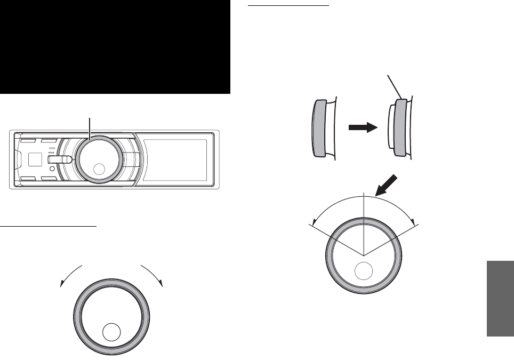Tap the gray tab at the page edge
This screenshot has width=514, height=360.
point(500,298)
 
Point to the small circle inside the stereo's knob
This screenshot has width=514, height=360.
point(99,170)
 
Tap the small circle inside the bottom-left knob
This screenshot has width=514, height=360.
point(111,331)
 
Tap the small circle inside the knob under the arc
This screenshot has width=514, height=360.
point(364,271)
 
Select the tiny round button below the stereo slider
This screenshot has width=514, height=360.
point(51,170)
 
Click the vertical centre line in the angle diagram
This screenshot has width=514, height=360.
point(363,224)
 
